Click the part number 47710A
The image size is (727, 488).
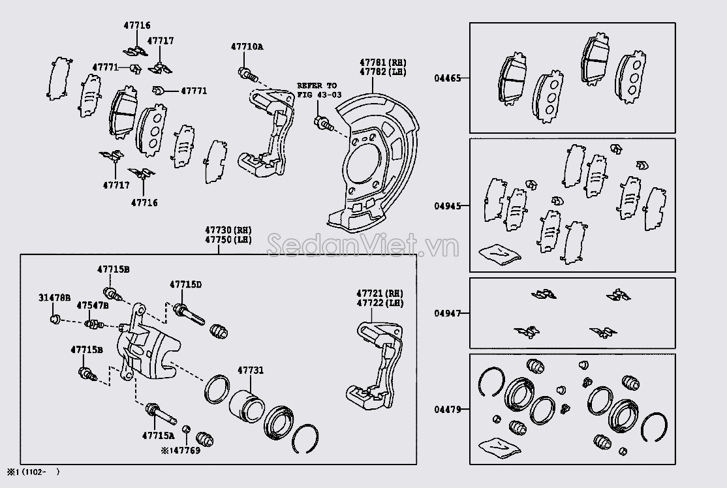[247, 46]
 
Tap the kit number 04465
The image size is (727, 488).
[448, 78]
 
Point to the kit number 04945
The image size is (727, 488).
[448, 206]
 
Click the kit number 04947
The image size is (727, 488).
[448, 313]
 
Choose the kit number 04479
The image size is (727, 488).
[448, 410]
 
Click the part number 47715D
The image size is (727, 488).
[185, 284]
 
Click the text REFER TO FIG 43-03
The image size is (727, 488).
[318, 90]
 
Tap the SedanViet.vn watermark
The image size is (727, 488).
[363, 247]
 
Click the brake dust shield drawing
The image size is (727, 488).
[369, 163]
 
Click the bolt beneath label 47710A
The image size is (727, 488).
[246, 73]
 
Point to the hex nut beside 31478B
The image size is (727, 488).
[55, 319]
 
